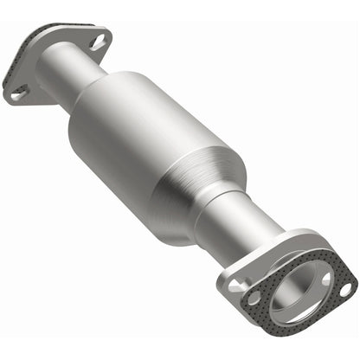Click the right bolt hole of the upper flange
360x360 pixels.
pos(98,41)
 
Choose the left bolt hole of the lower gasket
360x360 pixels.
pos(254,298)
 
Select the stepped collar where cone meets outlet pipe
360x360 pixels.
pos(227,201)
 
